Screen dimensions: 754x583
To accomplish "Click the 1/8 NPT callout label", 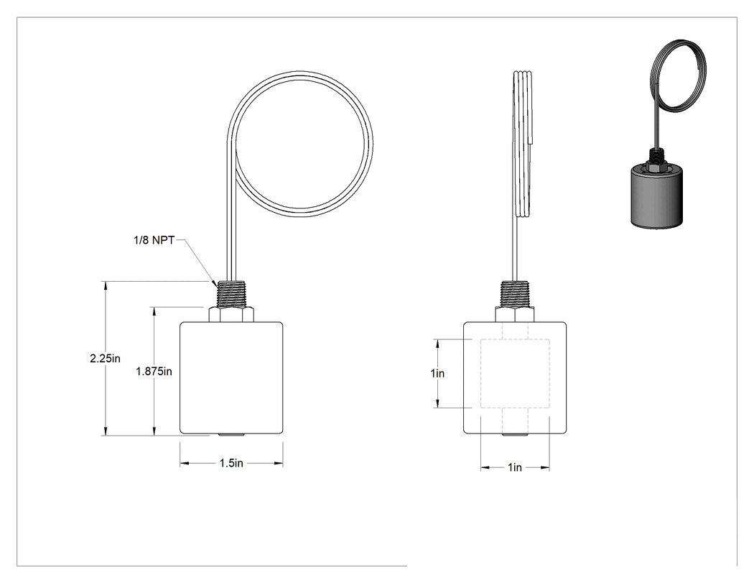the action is (x=154, y=240).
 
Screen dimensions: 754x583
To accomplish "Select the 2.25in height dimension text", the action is (x=106, y=359).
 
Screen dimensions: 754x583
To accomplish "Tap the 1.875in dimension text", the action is (x=154, y=372).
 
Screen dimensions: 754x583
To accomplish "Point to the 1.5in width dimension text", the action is (x=231, y=463).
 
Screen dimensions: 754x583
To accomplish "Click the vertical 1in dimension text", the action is (x=437, y=374).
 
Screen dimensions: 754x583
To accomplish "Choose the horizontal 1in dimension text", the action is (x=515, y=467).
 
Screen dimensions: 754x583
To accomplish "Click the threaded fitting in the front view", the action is (x=231, y=295).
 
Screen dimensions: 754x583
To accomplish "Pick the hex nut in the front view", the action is (x=231, y=315).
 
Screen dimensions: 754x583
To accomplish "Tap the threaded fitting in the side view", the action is (x=515, y=295).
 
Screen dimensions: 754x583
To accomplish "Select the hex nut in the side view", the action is (x=515, y=315).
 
